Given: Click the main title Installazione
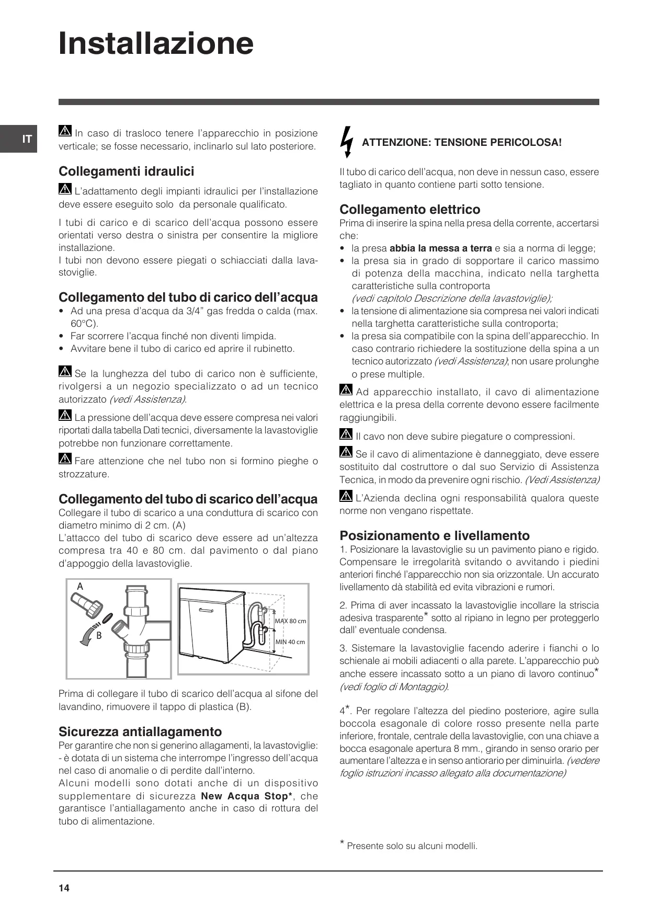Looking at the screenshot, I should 156,43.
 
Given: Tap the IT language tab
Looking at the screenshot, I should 27,139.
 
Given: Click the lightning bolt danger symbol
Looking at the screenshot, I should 346,141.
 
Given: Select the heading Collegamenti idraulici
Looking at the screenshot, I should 126,171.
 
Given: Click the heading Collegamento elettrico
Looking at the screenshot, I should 409,210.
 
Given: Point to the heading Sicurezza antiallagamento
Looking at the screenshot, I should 140,731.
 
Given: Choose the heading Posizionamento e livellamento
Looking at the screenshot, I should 434,535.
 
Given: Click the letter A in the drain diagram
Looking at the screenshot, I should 80,587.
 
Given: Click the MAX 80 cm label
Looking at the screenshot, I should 290,621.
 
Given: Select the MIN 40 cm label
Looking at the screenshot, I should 290,641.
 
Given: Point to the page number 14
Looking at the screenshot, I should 64,888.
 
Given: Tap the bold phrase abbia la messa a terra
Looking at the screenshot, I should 440,248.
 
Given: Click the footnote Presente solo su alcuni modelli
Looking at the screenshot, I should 412,846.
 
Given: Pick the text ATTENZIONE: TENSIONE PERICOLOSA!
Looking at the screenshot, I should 461,142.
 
